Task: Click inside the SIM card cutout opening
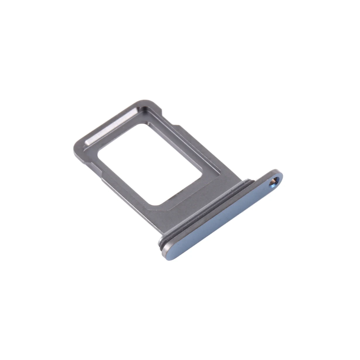(151, 162)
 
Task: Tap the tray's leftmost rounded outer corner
(76, 153)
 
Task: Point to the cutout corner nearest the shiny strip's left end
(99, 153)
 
